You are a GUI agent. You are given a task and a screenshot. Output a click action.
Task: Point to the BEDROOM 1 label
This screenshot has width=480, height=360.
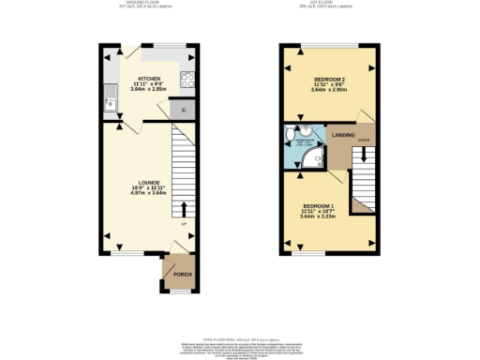[x=319, y=205]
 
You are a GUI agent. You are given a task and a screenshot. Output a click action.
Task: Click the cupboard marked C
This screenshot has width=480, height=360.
[x=184, y=111]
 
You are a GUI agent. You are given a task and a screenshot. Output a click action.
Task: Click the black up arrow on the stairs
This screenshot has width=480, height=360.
[x=183, y=209]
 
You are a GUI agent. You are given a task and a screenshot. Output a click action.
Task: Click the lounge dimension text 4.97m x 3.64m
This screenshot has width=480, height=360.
[x=150, y=193]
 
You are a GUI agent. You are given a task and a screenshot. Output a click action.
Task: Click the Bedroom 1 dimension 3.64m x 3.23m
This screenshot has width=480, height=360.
[x=319, y=217]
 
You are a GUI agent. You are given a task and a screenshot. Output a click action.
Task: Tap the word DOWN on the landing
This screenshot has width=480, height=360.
[x=363, y=141]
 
